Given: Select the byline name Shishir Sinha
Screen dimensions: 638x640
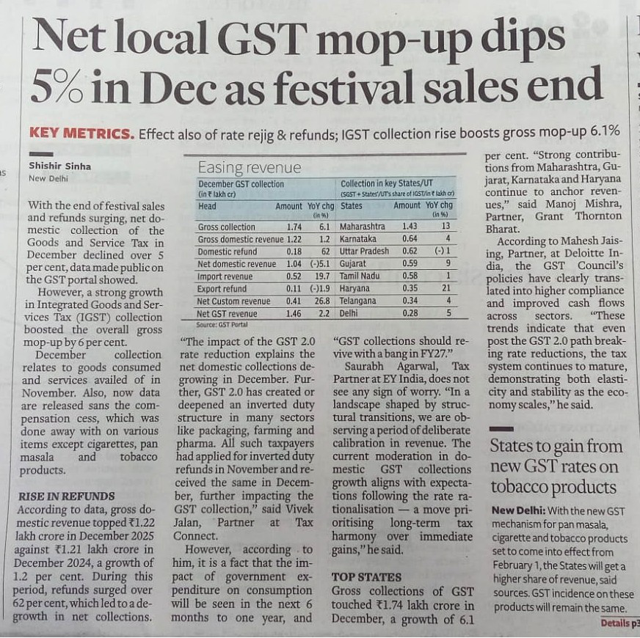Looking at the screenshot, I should [60, 166].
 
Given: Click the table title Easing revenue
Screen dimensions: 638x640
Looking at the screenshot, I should [239, 167].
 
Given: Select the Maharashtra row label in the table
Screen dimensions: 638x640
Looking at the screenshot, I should [365, 227].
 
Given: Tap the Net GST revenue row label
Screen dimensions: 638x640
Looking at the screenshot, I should [228, 314].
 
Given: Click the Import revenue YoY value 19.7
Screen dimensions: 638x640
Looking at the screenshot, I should [318, 276].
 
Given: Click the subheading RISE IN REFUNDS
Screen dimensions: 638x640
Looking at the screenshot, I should [66, 496].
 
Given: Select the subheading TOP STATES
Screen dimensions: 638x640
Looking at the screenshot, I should [366, 576].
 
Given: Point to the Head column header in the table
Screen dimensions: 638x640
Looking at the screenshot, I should [208, 207].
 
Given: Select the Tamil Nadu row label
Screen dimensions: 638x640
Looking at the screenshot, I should [363, 276].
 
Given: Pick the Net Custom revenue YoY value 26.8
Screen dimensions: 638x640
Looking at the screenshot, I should [318, 301].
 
